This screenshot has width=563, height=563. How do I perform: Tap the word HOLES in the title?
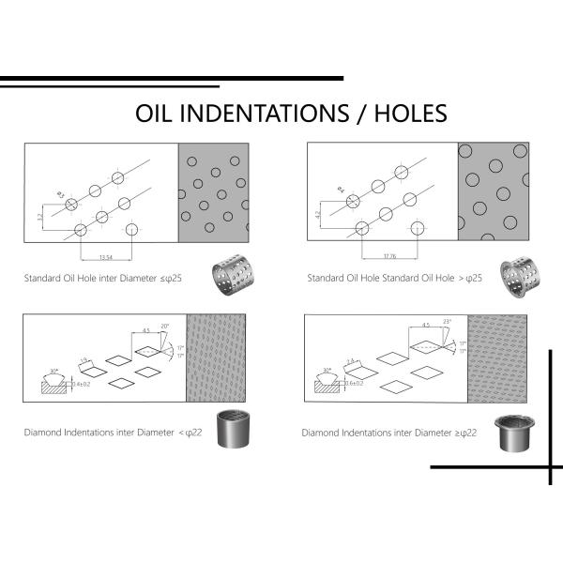(409, 114)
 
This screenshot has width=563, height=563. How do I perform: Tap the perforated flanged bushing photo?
(514, 273)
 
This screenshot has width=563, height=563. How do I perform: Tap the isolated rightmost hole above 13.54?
(131, 229)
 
